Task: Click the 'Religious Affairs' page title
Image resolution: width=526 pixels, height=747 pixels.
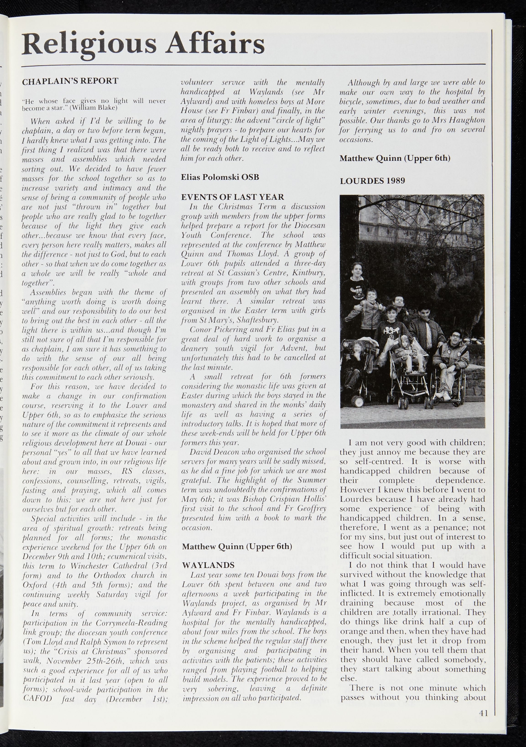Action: pos(143,44)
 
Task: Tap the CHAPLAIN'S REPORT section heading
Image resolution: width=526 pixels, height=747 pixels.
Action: pos(70,81)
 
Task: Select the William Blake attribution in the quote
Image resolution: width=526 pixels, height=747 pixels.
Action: pos(93,108)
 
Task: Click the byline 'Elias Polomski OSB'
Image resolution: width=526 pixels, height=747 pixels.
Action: pos(220,177)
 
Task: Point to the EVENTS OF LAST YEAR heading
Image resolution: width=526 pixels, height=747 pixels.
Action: pos(233,197)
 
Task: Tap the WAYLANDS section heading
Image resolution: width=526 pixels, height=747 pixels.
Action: pos(208,565)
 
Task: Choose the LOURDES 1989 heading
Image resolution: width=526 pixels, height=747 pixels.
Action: pos(372,181)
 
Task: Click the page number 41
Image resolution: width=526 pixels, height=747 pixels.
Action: pos(483,713)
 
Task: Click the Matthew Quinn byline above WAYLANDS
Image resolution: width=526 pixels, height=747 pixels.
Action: pos(237,546)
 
